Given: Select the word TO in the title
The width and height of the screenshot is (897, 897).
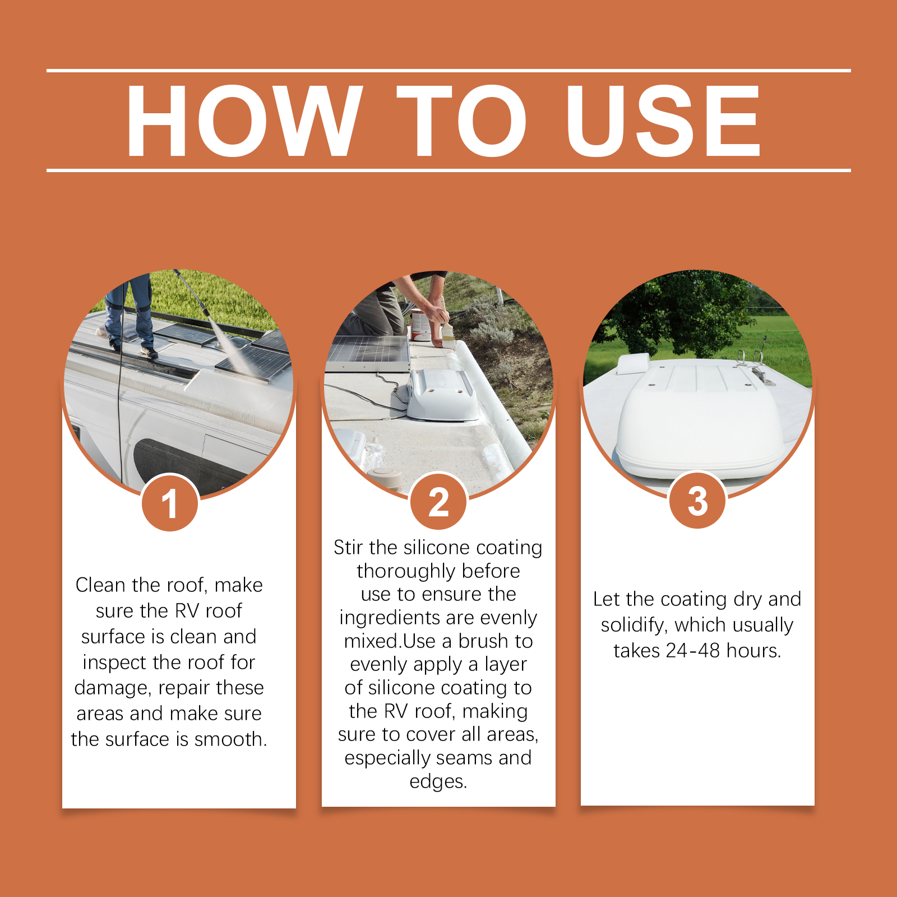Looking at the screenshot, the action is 462,121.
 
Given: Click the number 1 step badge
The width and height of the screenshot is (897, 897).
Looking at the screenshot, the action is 169,503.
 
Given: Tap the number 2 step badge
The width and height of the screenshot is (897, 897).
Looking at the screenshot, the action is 438,502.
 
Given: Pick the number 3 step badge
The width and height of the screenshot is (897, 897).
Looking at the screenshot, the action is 697,500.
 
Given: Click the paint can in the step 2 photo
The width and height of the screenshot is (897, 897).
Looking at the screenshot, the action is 419,325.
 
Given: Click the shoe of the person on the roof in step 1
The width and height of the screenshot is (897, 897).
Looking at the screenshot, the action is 149,352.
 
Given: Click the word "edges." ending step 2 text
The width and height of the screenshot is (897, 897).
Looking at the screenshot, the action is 438,782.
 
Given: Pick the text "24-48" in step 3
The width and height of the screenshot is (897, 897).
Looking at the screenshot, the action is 693,650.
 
